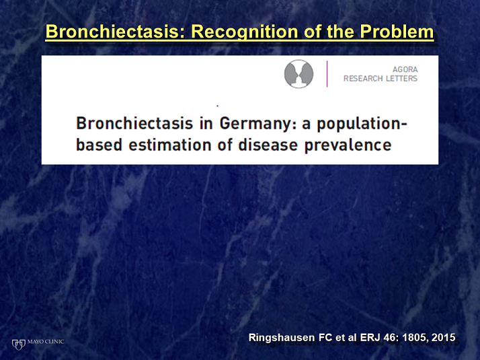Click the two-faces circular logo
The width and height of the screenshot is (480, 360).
tap(298, 74)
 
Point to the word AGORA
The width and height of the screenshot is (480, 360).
tap(405, 69)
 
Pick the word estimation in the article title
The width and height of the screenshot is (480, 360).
tap(170, 145)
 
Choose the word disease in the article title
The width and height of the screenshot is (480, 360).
tap(268, 145)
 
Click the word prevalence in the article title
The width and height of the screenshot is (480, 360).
tap(348, 145)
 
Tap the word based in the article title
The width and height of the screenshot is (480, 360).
tap(99, 145)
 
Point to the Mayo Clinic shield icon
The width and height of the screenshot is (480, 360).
tap(18, 344)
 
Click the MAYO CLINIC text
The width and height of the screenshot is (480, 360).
tap(46, 341)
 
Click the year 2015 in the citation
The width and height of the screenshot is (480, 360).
tap(444, 337)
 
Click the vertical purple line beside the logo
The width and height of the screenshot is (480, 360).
tap(327, 74)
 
